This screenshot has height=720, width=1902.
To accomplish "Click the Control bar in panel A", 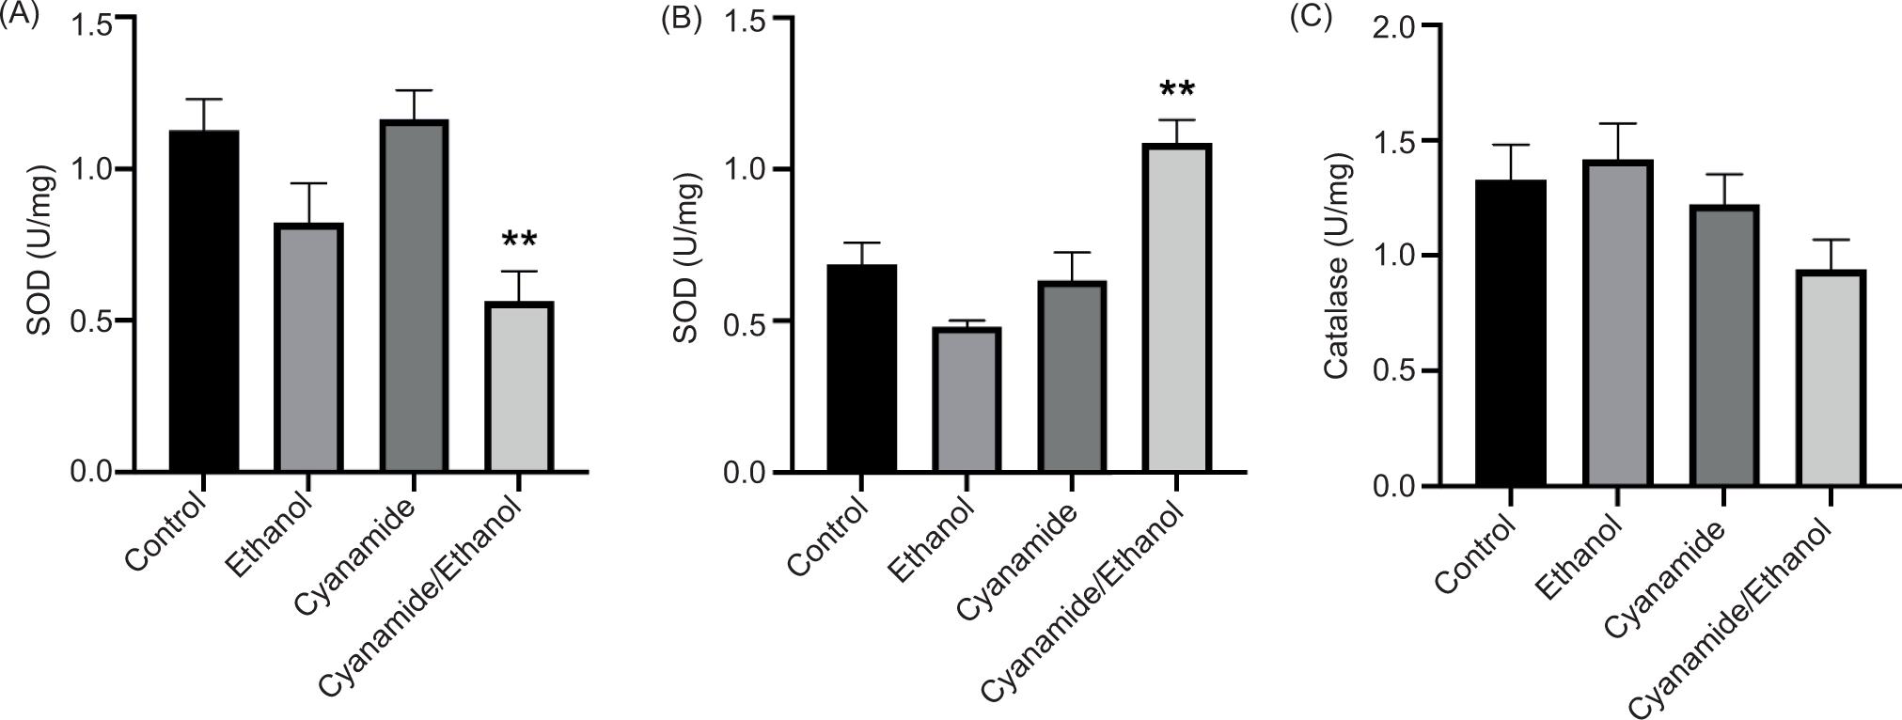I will tap(203, 301).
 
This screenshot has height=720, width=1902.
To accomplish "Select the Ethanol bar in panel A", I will tap(308, 347).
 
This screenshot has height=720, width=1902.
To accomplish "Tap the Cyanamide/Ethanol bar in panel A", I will tap(520, 386).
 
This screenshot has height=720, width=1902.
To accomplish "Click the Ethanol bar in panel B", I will tap(967, 399).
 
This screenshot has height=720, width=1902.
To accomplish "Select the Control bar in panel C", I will tap(1510, 333).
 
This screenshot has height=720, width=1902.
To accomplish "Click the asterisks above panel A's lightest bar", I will tap(520, 240).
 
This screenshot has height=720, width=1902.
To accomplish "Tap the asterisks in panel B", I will tap(1177, 90).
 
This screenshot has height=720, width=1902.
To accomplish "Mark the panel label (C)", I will tap(1310, 18).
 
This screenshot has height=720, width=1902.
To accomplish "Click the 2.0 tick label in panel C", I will tap(1394, 27).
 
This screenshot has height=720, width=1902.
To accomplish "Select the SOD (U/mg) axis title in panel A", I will tap(39, 248).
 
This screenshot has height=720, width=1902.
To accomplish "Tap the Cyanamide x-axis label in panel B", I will tap(1018, 563).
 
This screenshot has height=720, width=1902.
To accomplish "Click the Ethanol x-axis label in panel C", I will tap(1580, 558).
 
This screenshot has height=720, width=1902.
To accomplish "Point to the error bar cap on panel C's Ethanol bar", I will tap(1617, 123).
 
